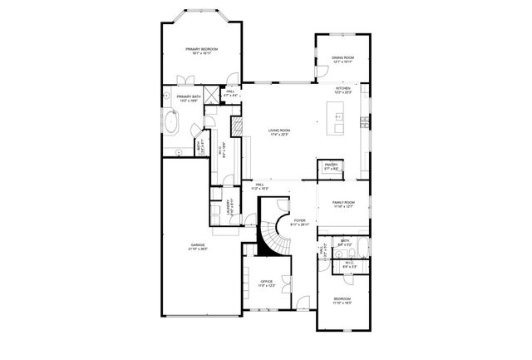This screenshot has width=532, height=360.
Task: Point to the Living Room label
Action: [279, 131]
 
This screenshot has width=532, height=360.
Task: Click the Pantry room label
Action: [330, 166]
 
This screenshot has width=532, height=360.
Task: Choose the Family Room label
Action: [343, 204]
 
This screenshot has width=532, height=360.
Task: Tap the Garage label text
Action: [198, 246]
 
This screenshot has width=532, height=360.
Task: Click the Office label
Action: [266, 284]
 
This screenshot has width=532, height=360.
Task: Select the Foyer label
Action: [298, 222]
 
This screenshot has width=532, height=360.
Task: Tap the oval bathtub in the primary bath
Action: [172, 122]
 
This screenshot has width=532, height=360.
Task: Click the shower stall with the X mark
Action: [214, 93]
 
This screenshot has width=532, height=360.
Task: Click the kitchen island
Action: [340, 127]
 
